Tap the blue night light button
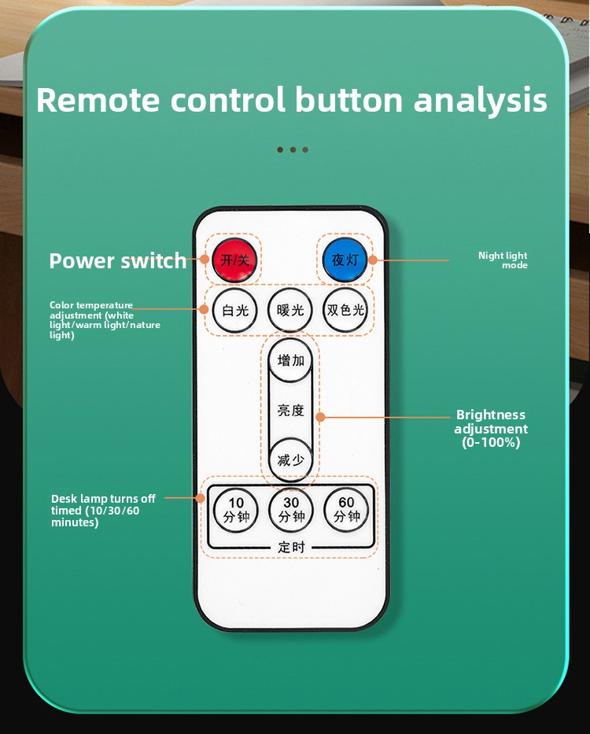tap(345, 260)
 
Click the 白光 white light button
tap(234, 310)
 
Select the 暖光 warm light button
tap(289, 310)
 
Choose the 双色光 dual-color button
tap(345, 310)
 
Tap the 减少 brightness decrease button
tap(290, 459)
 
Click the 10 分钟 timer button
tap(235, 510)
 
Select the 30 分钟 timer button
tap(291, 510)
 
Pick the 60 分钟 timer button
tap(346, 510)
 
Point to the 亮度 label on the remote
tap(290, 411)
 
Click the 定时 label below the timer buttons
tap(291, 547)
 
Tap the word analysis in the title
tap(481, 100)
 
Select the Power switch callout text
tap(118, 260)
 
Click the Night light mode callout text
tap(503, 260)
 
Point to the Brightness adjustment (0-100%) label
tap(491, 428)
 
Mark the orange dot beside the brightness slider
tap(320, 417)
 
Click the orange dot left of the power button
tap(205, 259)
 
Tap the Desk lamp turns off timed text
tap(103, 511)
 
